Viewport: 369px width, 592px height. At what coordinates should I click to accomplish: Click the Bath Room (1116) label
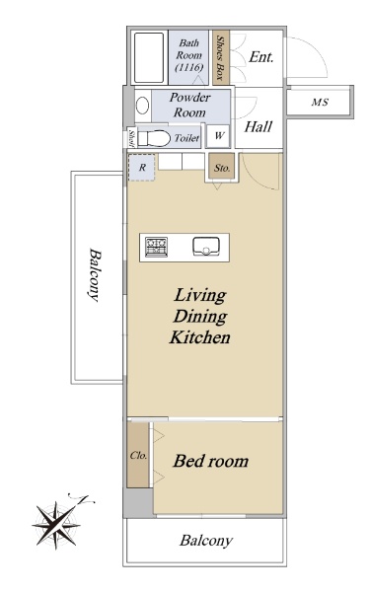coord(189,55)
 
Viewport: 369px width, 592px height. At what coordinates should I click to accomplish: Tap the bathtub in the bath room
coord(149,58)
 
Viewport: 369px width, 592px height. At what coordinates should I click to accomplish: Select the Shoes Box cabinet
coord(221,58)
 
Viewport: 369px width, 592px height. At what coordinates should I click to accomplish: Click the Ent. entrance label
coord(260,57)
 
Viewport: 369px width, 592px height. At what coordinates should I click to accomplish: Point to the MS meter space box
coord(320,102)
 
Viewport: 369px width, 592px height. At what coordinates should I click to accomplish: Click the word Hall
coord(258,127)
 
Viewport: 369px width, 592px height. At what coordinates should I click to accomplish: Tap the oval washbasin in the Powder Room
coord(142,106)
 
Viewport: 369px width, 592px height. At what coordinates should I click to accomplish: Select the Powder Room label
coord(189,105)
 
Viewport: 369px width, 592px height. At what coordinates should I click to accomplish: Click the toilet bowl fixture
coord(154,138)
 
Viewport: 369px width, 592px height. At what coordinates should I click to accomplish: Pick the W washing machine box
coord(219,136)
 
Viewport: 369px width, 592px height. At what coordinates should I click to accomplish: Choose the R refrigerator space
coord(142,168)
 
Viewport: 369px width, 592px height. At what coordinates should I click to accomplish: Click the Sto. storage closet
coord(222,168)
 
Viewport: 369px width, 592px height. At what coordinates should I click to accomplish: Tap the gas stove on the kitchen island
coord(156,248)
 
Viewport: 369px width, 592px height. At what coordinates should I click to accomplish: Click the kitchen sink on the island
coord(206,246)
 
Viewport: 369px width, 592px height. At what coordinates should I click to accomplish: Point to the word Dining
coord(200,317)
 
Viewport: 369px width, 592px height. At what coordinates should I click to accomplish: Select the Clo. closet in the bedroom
coord(138,455)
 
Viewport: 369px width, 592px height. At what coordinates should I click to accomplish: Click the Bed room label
coord(211,461)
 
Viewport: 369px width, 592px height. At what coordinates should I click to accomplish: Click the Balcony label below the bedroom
coord(206,541)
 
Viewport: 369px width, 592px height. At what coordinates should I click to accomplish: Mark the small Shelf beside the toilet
coord(131,137)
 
